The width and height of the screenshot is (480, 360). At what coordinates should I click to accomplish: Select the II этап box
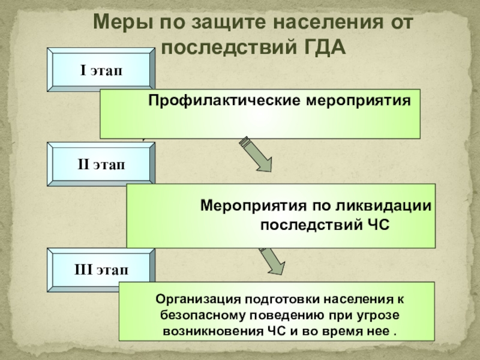pos(101,164)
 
